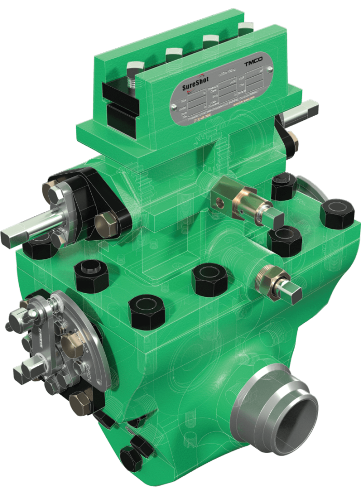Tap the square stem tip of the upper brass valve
pyautogui.click(x=275, y=218)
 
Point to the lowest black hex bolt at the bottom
pyautogui.click(x=130, y=459)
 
